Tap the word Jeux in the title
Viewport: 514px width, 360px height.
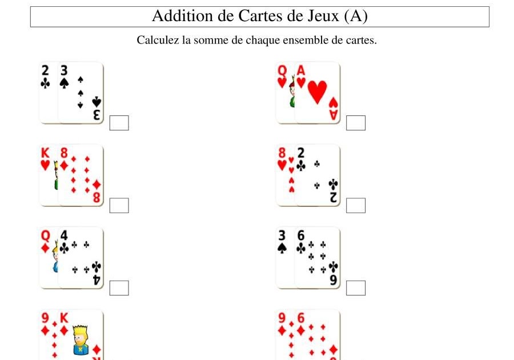322,16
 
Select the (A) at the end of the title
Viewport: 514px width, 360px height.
356,16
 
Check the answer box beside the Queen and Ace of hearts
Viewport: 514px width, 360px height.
356,123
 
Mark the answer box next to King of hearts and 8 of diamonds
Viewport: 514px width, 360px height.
119,205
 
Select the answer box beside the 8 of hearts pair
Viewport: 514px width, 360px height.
356,205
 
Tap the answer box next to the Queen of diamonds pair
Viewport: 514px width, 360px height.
119,288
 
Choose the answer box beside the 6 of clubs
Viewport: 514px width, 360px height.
356,288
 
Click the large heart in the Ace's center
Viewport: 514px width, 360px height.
317,91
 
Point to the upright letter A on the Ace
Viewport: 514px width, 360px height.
301,70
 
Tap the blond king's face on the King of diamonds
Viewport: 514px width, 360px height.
81,334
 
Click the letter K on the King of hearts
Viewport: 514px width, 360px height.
46,153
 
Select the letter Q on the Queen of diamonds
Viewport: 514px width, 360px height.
46,235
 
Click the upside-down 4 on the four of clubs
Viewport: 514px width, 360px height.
97,280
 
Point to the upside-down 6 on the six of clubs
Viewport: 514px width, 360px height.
333,280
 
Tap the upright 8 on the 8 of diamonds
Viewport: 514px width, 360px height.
64,153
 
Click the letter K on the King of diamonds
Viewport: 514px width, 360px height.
64,318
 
